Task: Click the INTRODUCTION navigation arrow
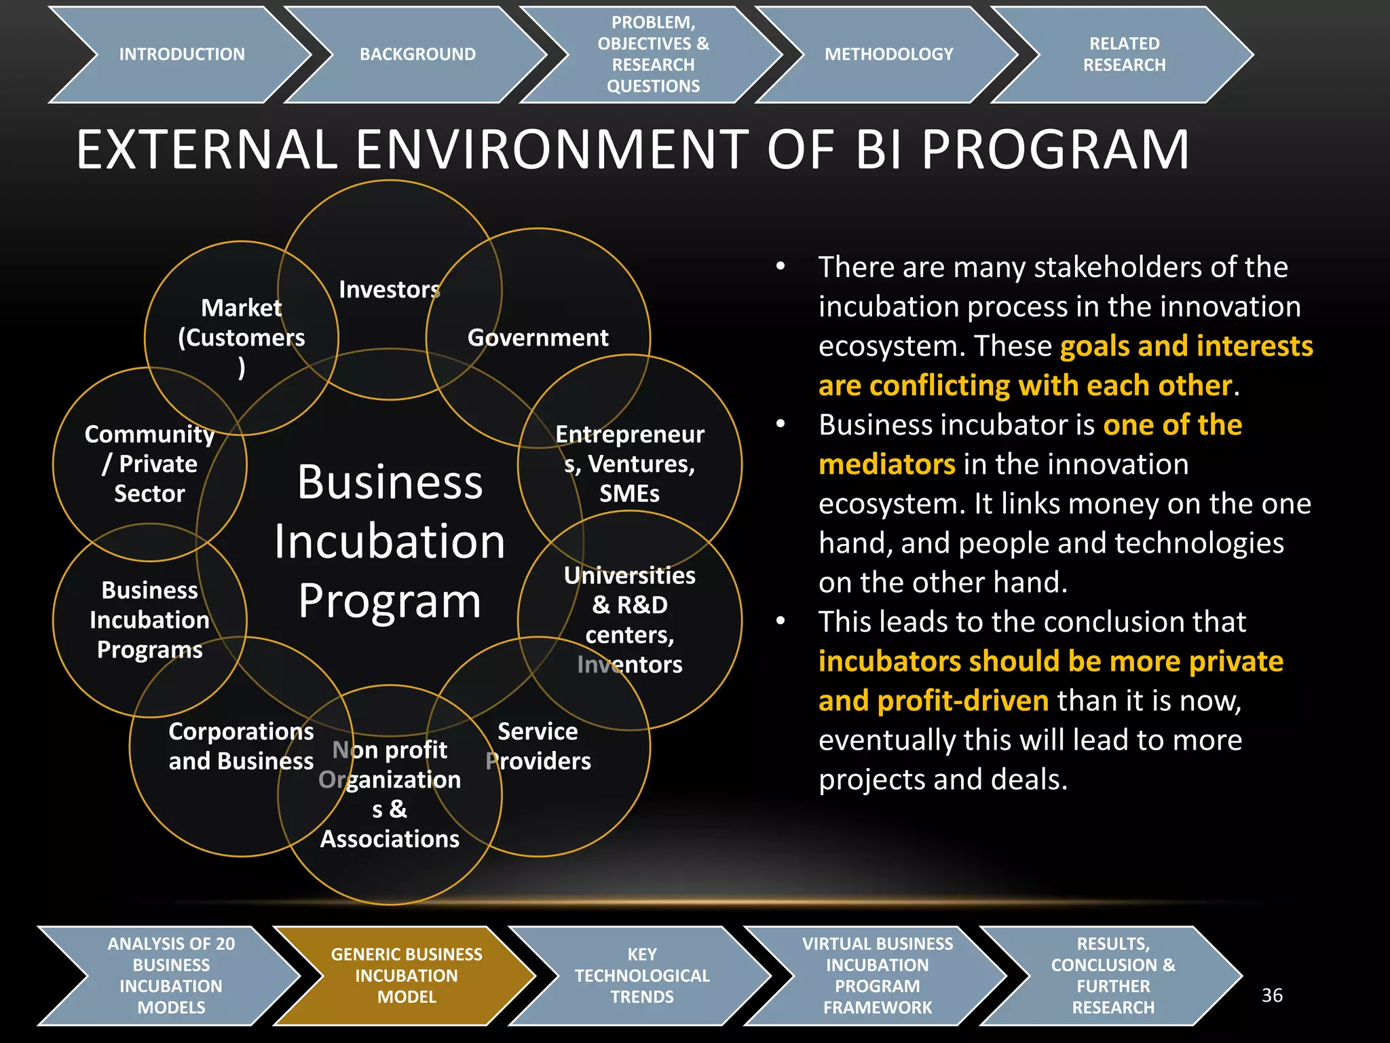point(181,54)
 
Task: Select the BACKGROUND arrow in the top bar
point(417,54)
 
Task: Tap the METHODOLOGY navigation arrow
point(888,54)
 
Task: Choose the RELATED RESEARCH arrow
point(1124,54)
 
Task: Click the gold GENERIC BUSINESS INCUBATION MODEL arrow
point(407,976)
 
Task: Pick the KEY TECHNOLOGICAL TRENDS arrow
point(642,976)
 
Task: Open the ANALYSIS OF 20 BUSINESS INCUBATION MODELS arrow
point(171,976)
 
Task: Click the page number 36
point(1272,995)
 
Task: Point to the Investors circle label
point(390,290)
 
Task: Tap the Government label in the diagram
point(538,337)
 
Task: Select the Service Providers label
point(538,746)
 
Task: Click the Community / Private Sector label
point(149,464)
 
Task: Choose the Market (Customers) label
point(242,337)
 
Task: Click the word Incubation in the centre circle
point(390,542)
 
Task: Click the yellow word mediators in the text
point(887,465)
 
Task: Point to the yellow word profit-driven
point(934,701)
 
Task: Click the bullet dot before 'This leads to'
point(781,621)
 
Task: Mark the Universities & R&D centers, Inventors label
point(630,620)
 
